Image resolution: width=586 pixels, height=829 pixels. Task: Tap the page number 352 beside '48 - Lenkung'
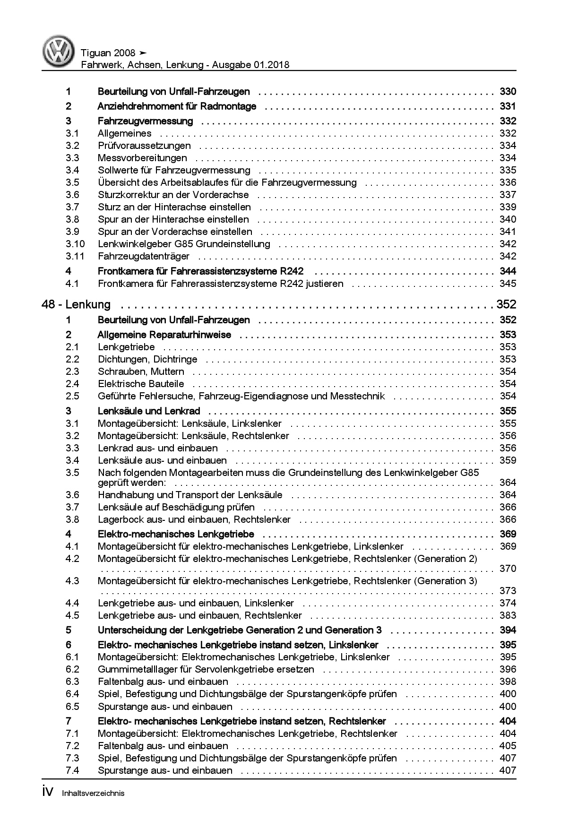click(x=506, y=304)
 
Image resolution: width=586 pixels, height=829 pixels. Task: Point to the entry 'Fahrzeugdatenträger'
click(x=143, y=256)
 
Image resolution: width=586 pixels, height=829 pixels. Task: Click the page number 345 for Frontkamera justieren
click(x=508, y=284)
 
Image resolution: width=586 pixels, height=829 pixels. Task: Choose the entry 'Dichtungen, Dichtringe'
click(x=147, y=359)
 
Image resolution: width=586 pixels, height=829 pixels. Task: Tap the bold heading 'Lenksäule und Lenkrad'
click(x=149, y=411)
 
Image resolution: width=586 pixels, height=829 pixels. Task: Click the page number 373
click(x=508, y=591)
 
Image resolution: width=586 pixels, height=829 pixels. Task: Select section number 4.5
click(x=72, y=615)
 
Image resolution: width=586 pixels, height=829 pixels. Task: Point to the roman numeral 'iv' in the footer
click(x=48, y=793)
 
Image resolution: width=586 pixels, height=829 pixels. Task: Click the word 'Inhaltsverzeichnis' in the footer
click(x=93, y=794)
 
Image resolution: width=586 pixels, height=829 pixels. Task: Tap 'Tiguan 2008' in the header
click(x=108, y=53)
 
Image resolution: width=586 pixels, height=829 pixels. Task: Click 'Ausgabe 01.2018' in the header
click(x=251, y=65)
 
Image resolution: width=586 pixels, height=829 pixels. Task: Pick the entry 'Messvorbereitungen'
click(x=142, y=158)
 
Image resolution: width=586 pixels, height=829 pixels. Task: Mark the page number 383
click(x=508, y=615)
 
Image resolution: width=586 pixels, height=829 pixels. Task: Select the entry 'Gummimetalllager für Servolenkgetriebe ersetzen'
click(x=206, y=669)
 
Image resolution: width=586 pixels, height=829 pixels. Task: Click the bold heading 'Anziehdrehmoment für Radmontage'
click(x=177, y=106)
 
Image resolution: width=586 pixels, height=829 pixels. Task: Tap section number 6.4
click(x=72, y=694)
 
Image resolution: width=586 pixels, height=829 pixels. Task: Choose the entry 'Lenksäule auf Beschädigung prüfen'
click(x=176, y=507)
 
